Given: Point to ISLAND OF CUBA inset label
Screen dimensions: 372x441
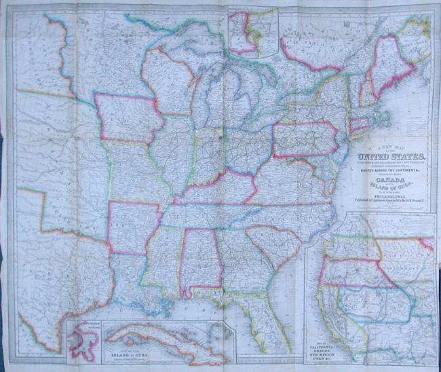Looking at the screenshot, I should coord(115,352).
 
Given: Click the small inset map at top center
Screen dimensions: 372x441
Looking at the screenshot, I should coord(252,32).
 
